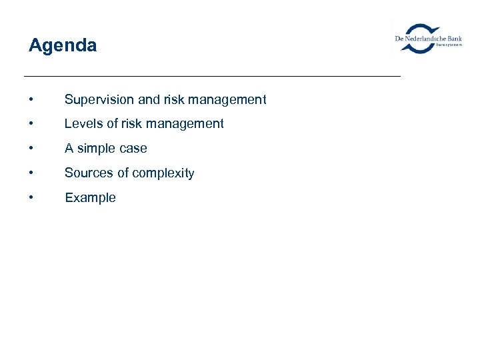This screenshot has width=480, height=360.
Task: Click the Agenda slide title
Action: [x=63, y=45]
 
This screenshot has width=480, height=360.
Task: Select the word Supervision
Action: [x=99, y=100]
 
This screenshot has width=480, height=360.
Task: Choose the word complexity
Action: [x=162, y=173]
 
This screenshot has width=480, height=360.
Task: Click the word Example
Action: [x=90, y=198]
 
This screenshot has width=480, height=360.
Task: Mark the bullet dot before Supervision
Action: [x=31, y=100]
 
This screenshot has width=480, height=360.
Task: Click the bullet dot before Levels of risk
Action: [x=31, y=124]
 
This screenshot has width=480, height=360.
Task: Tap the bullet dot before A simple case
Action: [x=31, y=149]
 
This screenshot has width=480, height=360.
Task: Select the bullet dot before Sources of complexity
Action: [x=31, y=173]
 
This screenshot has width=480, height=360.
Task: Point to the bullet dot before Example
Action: [x=31, y=198]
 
